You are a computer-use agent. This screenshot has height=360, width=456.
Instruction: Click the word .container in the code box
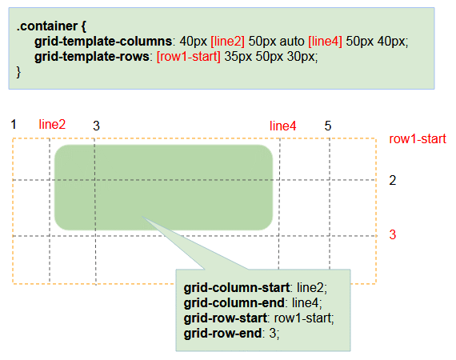point(47,26)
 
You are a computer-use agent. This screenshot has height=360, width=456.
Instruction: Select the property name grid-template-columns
point(103,42)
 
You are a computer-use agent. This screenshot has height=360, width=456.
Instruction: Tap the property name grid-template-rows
point(92,57)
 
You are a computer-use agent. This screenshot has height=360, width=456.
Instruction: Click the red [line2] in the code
point(228,42)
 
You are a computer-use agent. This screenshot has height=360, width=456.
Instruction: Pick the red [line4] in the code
point(325,42)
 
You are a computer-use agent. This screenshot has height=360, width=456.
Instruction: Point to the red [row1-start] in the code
point(189,57)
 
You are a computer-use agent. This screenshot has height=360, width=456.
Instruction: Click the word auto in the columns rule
point(292,42)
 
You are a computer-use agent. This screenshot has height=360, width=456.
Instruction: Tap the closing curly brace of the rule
point(18,72)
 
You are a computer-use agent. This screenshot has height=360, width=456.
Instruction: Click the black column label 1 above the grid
point(14,125)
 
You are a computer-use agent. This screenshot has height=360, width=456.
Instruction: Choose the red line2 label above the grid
point(52,125)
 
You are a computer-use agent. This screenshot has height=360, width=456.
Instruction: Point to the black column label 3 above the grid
point(96,126)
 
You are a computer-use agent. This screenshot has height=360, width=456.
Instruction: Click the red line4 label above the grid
point(282,126)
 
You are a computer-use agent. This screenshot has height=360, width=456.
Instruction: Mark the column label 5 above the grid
point(328,126)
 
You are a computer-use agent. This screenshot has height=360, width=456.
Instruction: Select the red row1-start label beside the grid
point(418,139)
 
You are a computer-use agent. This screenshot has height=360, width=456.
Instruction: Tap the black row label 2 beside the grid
point(393,181)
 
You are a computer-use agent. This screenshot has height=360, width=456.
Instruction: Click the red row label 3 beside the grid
point(393,234)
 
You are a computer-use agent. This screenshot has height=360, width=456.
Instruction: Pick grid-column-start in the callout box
point(237,288)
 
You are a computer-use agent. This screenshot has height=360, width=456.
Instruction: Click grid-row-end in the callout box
point(222,334)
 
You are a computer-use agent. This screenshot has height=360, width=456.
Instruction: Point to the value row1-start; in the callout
point(304,318)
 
